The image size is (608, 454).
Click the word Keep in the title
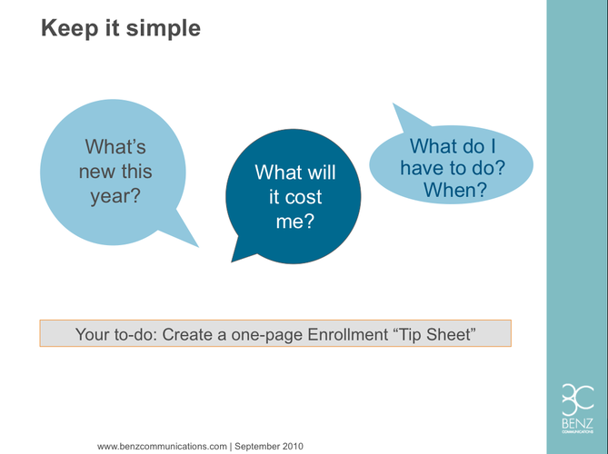coord(70,28)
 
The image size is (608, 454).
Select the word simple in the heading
coord(164,29)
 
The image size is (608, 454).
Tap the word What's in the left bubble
coord(115,147)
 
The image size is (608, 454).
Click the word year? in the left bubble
coord(115,196)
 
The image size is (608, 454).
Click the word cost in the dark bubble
coord(304,198)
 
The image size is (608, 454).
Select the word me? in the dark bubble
coord(294,222)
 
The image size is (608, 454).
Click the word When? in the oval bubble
coord(454,190)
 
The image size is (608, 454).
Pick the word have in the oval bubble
coord(422,168)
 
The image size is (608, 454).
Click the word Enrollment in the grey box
coord(347,334)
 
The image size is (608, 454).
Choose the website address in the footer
coord(162,446)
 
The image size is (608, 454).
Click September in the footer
coord(256,446)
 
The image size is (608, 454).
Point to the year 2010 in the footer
coord(293,446)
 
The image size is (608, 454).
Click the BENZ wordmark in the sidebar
coord(577,423)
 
